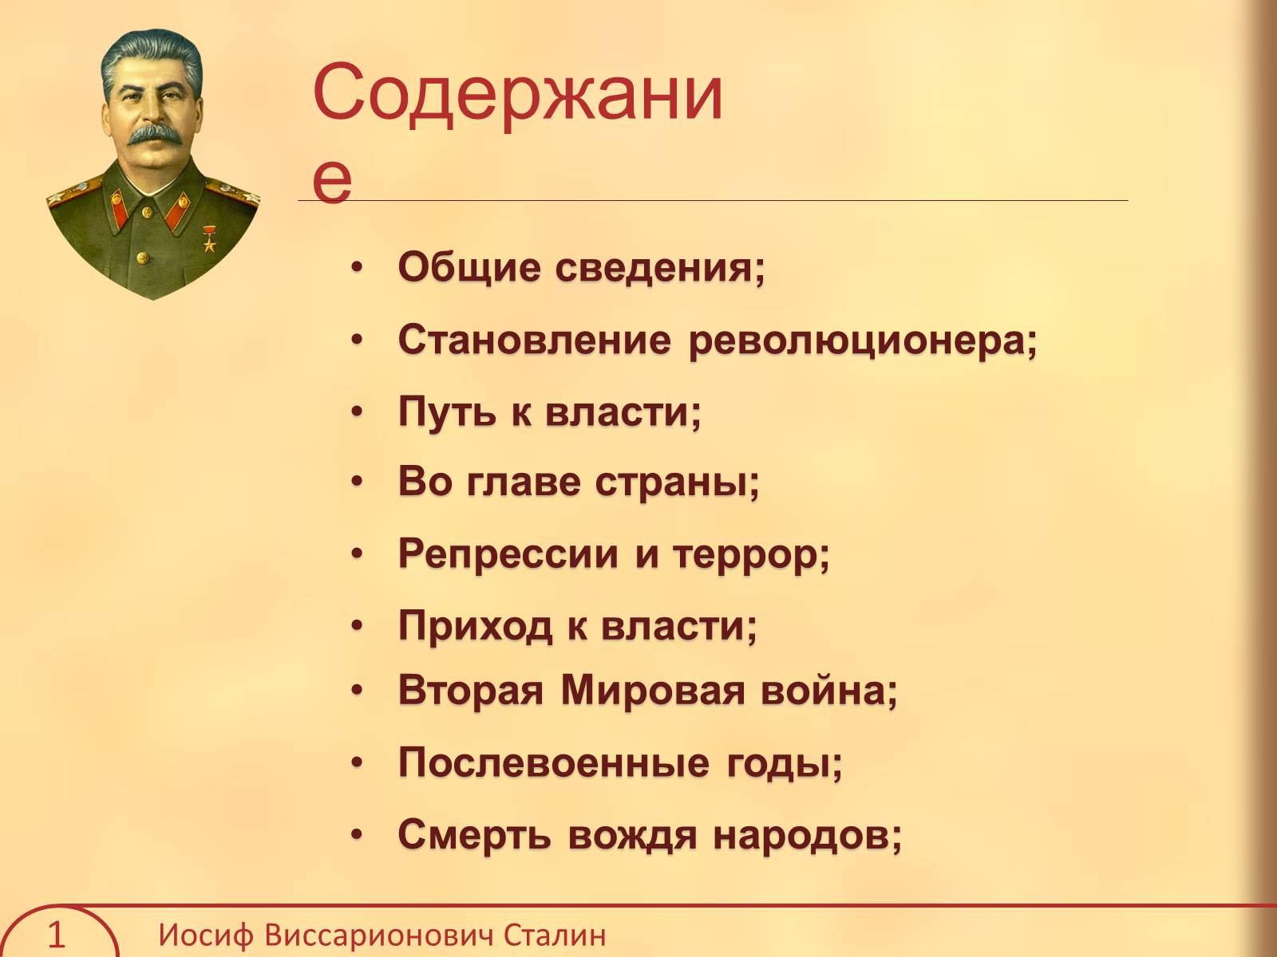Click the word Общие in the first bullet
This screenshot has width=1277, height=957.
pyautogui.click(x=468, y=268)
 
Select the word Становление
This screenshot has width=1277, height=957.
pyautogui.click(x=535, y=339)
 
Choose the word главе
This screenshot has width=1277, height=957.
pyautogui.click(x=524, y=482)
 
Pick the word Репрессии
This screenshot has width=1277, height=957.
pyautogui.click(x=508, y=554)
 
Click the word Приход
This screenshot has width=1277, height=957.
pyautogui.click(x=475, y=626)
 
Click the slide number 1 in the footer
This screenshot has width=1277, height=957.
pyautogui.click(x=56, y=935)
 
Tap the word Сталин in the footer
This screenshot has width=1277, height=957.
pyautogui.click(x=555, y=935)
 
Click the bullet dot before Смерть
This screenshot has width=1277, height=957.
pyautogui.click(x=357, y=835)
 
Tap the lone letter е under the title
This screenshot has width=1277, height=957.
pyautogui.click(x=332, y=180)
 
